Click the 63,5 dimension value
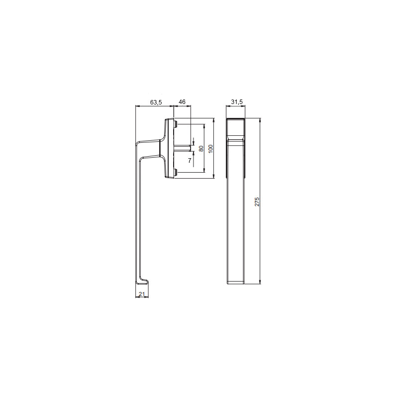(156, 102)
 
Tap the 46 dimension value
(182, 102)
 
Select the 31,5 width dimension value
(237, 102)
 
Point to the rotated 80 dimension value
(201, 148)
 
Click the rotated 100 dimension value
(210, 148)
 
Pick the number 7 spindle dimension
(190, 160)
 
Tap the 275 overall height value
(257, 201)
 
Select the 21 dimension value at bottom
(142, 294)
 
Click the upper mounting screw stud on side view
(176, 124)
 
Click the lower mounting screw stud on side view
(176, 173)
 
